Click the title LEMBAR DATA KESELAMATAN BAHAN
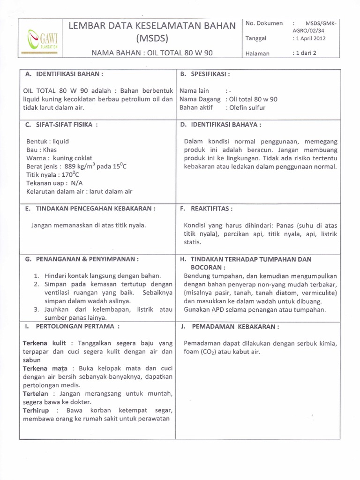click(152, 26)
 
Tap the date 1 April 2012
click(309, 38)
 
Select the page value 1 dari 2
click(305, 53)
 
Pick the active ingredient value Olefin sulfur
click(247, 107)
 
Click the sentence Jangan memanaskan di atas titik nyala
click(89, 225)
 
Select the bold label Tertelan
click(37, 393)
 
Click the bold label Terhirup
click(37, 410)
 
